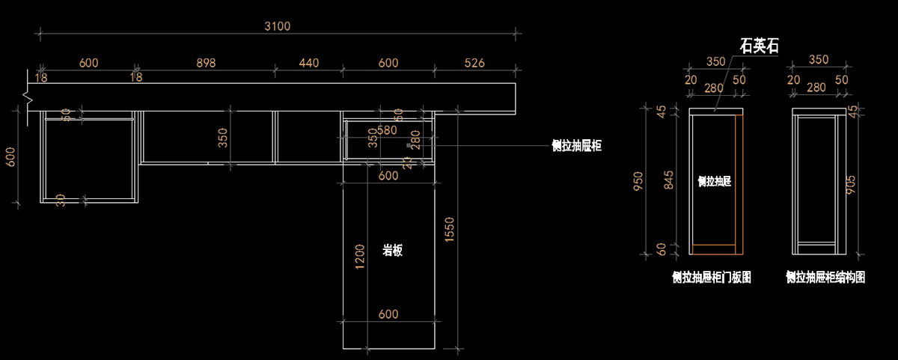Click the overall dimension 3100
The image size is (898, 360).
pos(277,26)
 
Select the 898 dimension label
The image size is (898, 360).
pos(206,64)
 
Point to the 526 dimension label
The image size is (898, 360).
pos(474,64)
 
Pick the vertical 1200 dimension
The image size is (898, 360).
pos(360,257)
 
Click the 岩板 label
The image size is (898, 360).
pos(392,251)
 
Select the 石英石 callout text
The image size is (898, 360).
pos(759,46)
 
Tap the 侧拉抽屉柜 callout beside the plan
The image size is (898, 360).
pos(576,147)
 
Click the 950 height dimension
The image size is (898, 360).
pos(638,181)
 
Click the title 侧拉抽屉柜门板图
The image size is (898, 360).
pos(712,278)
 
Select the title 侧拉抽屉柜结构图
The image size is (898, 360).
pos(825,278)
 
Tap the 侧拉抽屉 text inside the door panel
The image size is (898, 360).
pos(714,181)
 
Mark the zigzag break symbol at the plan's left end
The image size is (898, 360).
pos(28,97)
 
